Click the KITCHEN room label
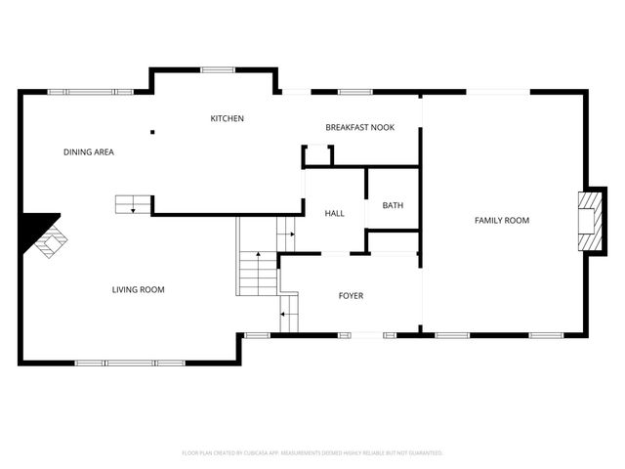coord(227,118)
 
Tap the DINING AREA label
coord(89,151)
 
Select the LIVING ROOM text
coord(138,289)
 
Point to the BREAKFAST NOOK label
coord(359,127)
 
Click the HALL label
coord(334,213)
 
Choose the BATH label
coord(393,205)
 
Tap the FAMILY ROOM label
coord(501,220)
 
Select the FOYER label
coord(351,295)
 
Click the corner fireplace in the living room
coord(45,236)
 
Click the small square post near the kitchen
coord(151,132)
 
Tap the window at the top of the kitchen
coord(216,69)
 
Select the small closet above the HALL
coord(318,155)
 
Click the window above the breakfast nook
coord(354,92)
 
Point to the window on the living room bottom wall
coord(130,362)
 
